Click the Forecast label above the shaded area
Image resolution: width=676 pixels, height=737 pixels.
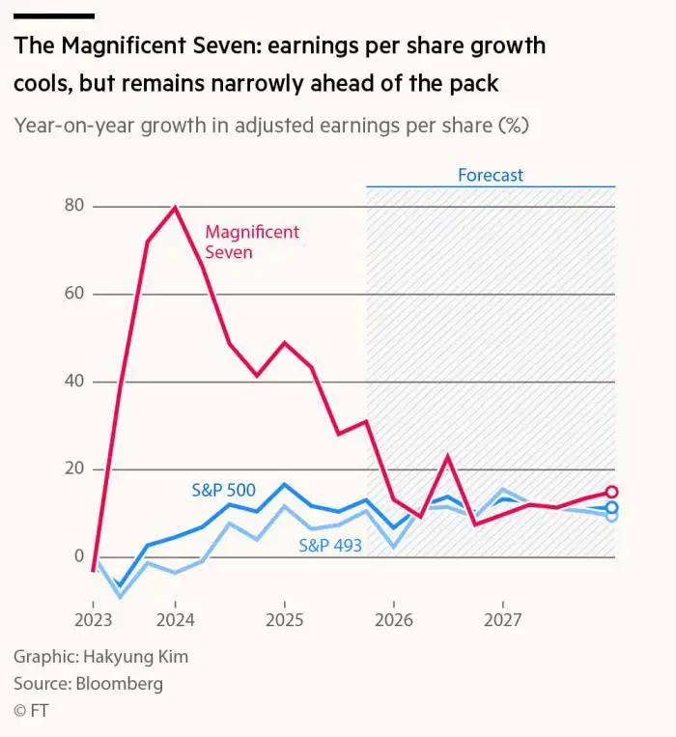[491, 175]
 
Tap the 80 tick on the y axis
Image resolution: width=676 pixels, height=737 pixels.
[74, 206]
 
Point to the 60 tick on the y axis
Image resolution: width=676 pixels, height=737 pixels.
[74, 294]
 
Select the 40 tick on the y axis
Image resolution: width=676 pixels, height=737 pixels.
[74, 382]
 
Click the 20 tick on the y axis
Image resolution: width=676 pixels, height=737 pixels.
[74, 469]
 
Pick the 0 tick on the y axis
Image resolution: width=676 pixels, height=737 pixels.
[79, 556]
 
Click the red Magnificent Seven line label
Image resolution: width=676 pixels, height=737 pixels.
[252, 241]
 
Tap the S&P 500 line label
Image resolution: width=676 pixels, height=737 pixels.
[223, 491]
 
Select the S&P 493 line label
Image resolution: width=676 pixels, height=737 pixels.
[330, 546]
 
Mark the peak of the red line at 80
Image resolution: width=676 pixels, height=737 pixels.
[175, 207]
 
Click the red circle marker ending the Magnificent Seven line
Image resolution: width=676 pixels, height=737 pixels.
[611, 492]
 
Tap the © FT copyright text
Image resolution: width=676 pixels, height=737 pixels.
[31, 711]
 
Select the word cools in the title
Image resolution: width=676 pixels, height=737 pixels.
[42, 83]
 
